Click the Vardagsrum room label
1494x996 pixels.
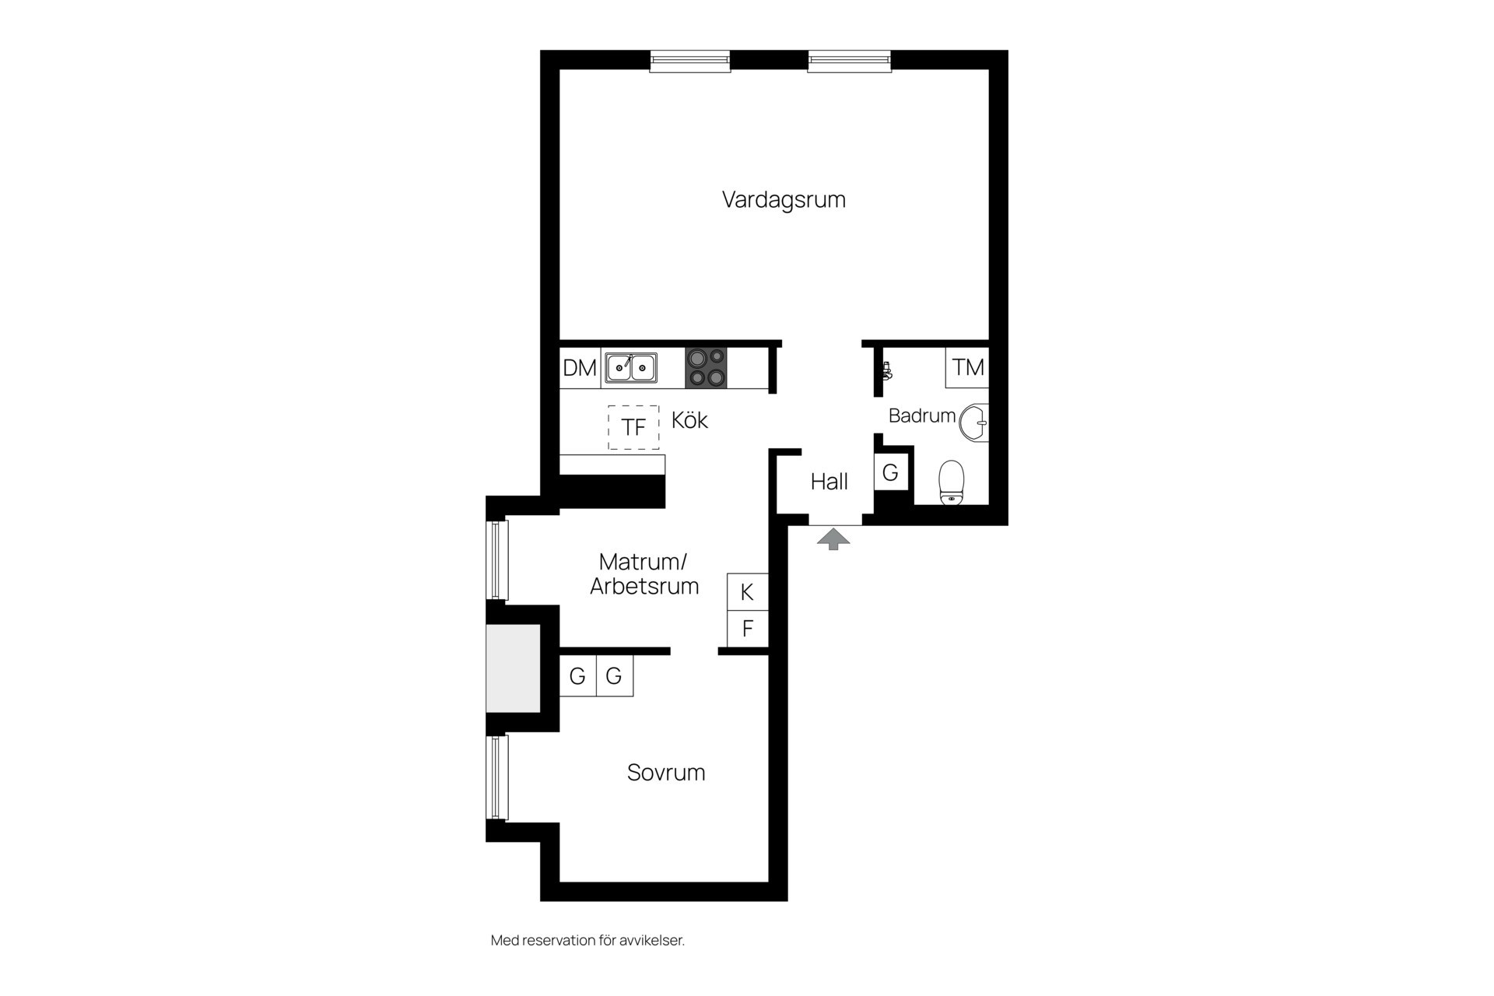[x=784, y=200]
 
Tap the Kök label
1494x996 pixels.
[x=689, y=420]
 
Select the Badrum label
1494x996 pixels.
[x=922, y=416]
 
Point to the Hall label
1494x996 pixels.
[x=829, y=482]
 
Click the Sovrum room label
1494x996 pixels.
[x=666, y=773]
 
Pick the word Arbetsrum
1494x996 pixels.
[x=644, y=586]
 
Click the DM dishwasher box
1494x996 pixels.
[x=580, y=368]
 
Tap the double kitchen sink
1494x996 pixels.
[x=631, y=367]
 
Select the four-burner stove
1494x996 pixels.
[x=707, y=368]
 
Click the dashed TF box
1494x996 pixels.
[x=633, y=427]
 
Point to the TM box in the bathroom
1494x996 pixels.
[x=968, y=367]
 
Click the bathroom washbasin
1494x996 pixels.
[x=974, y=423]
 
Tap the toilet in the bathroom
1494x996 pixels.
[x=951, y=482]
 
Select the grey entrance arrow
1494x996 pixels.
[x=833, y=539]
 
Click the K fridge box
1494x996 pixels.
[x=748, y=592]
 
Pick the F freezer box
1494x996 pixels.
[x=748, y=629]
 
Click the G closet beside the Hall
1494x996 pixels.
[x=891, y=472]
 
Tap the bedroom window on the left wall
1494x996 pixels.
[x=497, y=777]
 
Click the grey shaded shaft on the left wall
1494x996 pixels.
[x=514, y=668]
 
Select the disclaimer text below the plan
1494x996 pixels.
[x=587, y=940]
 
